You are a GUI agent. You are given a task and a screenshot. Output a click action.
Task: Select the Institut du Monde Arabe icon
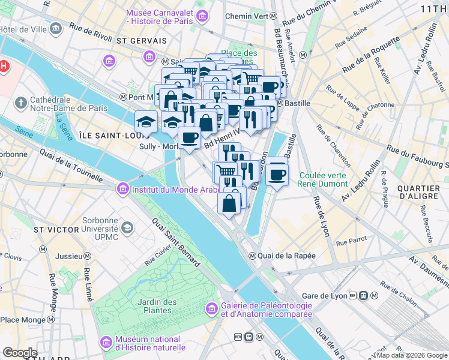click(x=123, y=189)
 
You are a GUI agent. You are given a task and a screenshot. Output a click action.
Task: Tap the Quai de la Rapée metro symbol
click(x=253, y=256)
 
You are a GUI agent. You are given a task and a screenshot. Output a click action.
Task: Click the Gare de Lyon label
click(x=325, y=296)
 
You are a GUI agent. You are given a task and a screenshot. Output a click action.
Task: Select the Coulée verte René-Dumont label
click(x=322, y=179)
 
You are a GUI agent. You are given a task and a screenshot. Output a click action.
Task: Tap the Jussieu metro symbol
click(x=87, y=256)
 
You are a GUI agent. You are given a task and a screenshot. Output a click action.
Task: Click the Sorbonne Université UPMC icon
click(x=127, y=227)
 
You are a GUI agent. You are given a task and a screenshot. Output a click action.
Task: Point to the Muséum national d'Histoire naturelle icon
click(x=106, y=343)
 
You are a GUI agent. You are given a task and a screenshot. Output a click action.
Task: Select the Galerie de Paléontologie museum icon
click(x=211, y=309)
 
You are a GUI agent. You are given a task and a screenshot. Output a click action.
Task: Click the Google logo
click(x=20, y=353)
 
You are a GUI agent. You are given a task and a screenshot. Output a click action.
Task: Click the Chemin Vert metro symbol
click(x=273, y=16)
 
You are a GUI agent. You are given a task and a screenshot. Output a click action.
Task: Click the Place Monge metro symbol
click(x=48, y=320)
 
